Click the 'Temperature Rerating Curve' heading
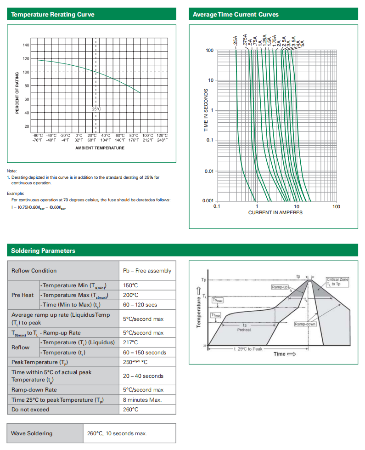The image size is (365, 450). [x=53, y=14]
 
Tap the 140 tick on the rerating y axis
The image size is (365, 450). [x=26, y=45]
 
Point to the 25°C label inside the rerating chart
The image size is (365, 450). [x=96, y=109]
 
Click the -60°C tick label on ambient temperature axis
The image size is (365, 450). [x=37, y=136]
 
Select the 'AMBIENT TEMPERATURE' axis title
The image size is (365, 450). [x=100, y=148]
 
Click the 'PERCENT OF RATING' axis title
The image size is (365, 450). [x=17, y=92]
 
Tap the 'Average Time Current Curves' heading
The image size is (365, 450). [x=236, y=14]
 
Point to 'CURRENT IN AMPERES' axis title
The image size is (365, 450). [x=275, y=212]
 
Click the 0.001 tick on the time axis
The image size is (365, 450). [x=208, y=201]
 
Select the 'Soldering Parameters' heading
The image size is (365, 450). [x=43, y=251]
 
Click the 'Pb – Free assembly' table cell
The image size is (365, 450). [x=147, y=271]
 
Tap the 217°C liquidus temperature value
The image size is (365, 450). [x=130, y=342]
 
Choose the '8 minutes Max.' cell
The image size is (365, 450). [x=142, y=399]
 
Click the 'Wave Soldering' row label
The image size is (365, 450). [x=32, y=433]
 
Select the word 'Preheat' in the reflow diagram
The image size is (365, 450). [x=244, y=330]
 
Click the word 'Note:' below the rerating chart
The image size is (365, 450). [x=12, y=171]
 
